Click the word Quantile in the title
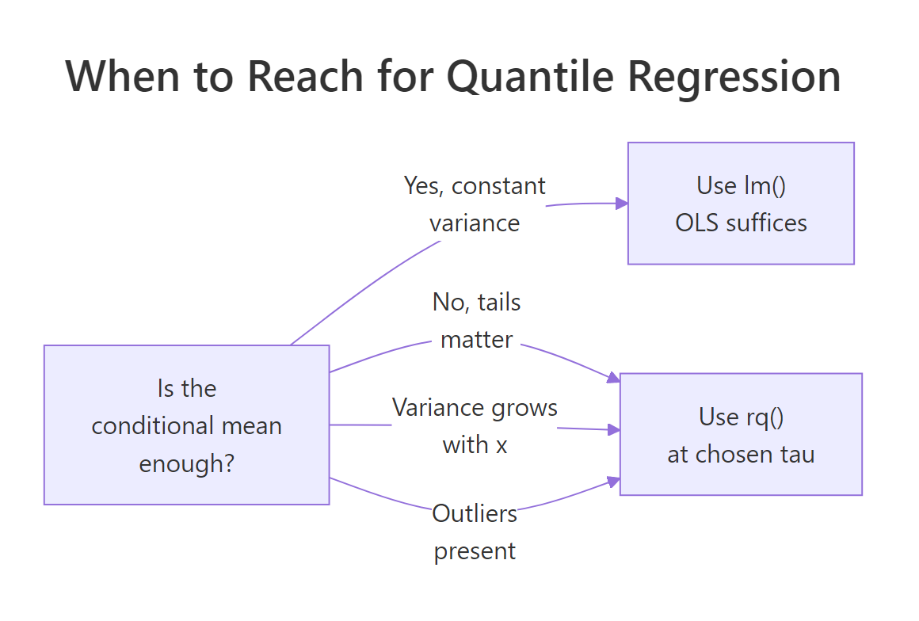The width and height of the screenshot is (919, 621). (531, 77)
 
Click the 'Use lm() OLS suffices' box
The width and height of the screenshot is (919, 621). (741, 204)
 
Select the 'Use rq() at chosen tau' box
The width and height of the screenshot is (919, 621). (741, 434)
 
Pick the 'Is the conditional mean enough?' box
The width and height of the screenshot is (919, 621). (186, 425)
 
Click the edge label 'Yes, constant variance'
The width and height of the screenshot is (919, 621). (475, 204)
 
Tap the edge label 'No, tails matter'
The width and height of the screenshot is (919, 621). (477, 321)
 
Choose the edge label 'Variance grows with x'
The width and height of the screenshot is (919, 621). (475, 426)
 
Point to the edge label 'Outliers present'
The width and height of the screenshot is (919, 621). (475, 531)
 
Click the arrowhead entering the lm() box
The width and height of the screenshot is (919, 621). (623, 204)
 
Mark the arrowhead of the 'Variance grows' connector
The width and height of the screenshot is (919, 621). (614, 430)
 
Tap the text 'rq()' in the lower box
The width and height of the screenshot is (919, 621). (762, 417)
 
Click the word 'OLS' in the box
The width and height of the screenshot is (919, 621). (697, 223)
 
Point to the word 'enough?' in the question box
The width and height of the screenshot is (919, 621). (186, 463)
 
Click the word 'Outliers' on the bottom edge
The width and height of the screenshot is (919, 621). (475, 513)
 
